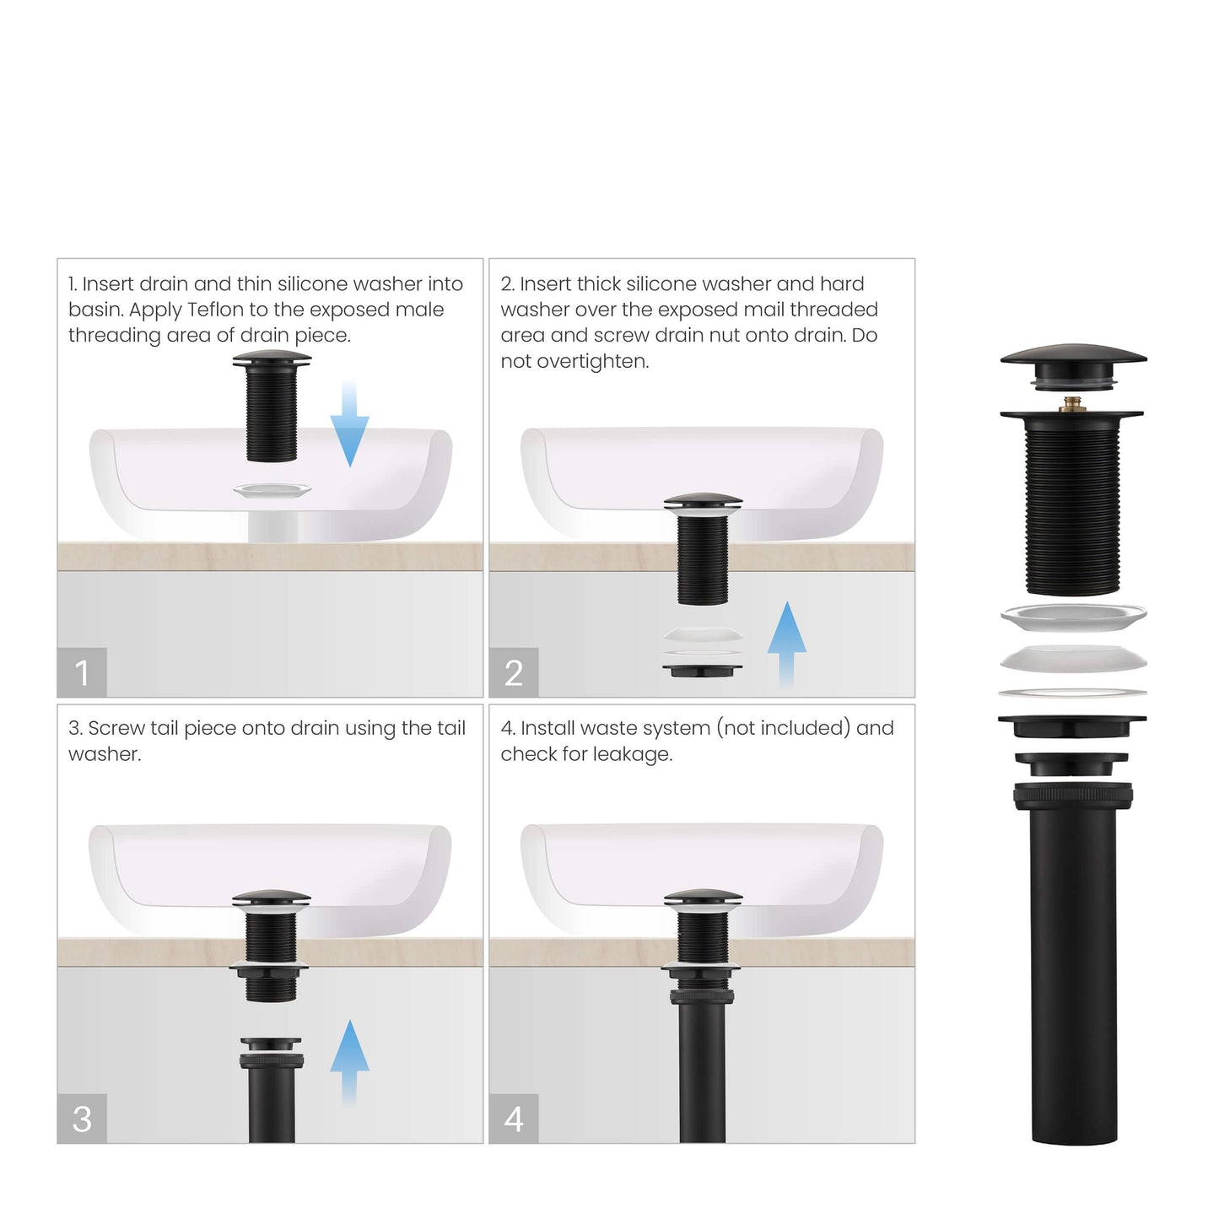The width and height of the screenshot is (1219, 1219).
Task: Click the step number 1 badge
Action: click(x=82, y=672)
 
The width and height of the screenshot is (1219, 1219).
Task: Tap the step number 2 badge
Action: click(x=514, y=672)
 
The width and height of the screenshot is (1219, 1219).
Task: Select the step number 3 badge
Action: click(x=82, y=1119)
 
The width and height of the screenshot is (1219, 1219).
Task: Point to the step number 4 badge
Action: click(x=514, y=1119)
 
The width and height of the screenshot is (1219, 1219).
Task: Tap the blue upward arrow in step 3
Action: click(x=349, y=1061)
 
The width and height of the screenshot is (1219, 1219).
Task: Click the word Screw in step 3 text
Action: click(x=116, y=728)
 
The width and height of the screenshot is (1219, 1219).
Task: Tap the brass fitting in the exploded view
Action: click(x=1073, y=404)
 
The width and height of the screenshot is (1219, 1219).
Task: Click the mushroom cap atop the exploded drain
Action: click(x=1073, y=357)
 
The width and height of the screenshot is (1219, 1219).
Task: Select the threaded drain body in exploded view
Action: click(x=1072, y=506)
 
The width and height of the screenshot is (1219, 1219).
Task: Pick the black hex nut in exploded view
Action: click(x=1072, y=725)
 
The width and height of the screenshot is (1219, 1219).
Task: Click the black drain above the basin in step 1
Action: click(x=272, y=409)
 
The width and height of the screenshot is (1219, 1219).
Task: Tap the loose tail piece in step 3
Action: click(x=272, y=1088)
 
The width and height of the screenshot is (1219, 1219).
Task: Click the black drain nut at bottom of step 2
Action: click(x=702, y=671)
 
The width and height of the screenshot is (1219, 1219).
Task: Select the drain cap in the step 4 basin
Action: click(x=703, y=898)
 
